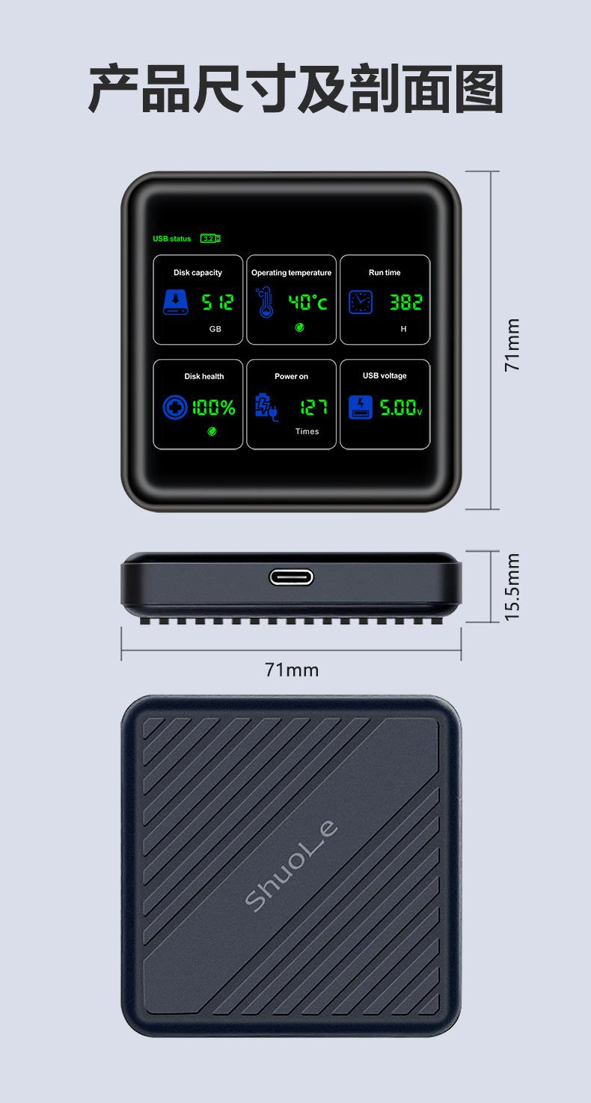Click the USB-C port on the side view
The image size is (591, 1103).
[291, 577]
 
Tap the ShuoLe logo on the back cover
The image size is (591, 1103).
[292, 866]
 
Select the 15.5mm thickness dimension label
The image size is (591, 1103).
[512, 587]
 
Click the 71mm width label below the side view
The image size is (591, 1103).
[292, 670]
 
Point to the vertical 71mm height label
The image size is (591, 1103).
[512, 345]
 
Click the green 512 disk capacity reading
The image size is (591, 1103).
[218, 303]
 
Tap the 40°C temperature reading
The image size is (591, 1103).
[308, 303]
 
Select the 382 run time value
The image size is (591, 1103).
[405, 302]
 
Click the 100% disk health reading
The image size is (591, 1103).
[214, 408]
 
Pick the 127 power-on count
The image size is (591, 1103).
[313, 408]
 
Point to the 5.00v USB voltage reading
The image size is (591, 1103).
[401, 408]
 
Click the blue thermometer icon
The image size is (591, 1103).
[264, 302]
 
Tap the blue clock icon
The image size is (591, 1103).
[360, 301]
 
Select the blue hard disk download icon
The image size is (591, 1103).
[176, 303]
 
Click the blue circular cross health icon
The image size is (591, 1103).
[174, 408]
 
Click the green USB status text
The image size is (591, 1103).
[172, 239]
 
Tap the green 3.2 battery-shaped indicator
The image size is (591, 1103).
[210, 239]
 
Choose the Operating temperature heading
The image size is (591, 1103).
[291, 273]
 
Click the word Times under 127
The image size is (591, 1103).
[307, 431]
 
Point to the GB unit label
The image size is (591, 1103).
[215, 329]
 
